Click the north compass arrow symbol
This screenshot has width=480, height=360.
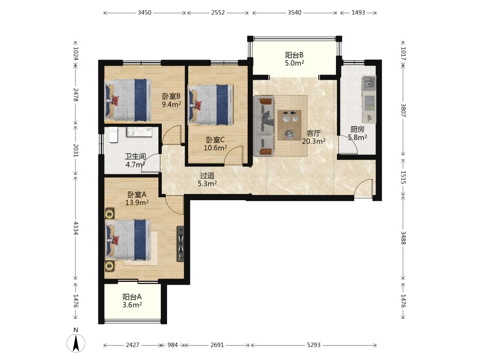click(76, 343)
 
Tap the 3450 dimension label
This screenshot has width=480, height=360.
click(144, 12)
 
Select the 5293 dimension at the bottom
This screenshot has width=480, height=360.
click(314, 345)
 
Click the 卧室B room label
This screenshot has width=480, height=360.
click(171, 96)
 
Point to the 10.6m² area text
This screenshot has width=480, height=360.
click(216, 148)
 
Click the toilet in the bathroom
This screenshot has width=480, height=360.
click(113, 135)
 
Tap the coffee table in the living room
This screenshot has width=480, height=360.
click(289, 125)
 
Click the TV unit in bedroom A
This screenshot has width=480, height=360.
click(180, 244)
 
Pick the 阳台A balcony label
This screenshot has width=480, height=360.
click(132, 297)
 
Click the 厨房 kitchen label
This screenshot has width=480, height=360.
click(358, 130)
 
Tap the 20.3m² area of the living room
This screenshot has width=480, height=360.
click(314, 141)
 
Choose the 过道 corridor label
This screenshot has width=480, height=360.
click(207, 176)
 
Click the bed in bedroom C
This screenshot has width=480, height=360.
click(210, 105)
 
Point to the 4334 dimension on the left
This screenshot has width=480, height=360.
click(76, 228)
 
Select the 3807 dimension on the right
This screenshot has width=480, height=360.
click(403, 110)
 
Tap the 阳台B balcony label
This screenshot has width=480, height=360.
click(294, 55)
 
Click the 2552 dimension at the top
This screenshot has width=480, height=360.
click(218, 12)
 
